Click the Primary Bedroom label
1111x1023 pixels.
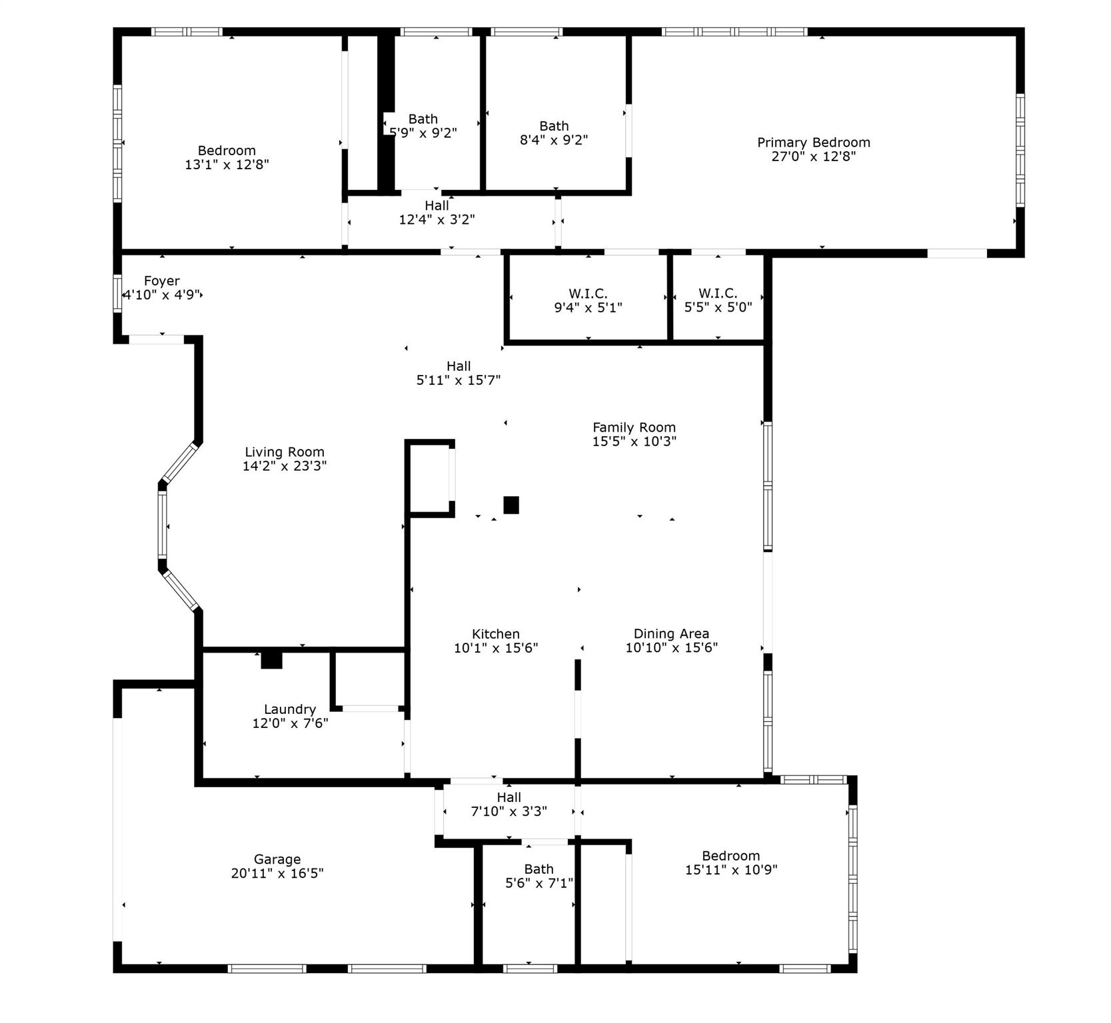[x=813, y=143]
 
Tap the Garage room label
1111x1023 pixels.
[x=277, y=859]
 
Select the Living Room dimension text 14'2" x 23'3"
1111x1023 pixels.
[x=285, y=466]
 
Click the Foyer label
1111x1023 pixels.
[x=161, y=281]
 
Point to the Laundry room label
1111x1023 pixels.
[x=289, y=709]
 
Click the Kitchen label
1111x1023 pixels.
[x=495, y=634]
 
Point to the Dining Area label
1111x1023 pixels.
[x=671, y=634]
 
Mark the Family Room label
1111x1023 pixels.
[x=634, y=428]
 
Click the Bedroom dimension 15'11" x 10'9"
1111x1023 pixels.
[x=731, y=870]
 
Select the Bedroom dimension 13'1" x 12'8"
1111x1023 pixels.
[x=227, y=165]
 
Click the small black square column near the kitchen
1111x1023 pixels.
[x=511, y=505]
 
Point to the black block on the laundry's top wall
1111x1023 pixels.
[x=271, y=660]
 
